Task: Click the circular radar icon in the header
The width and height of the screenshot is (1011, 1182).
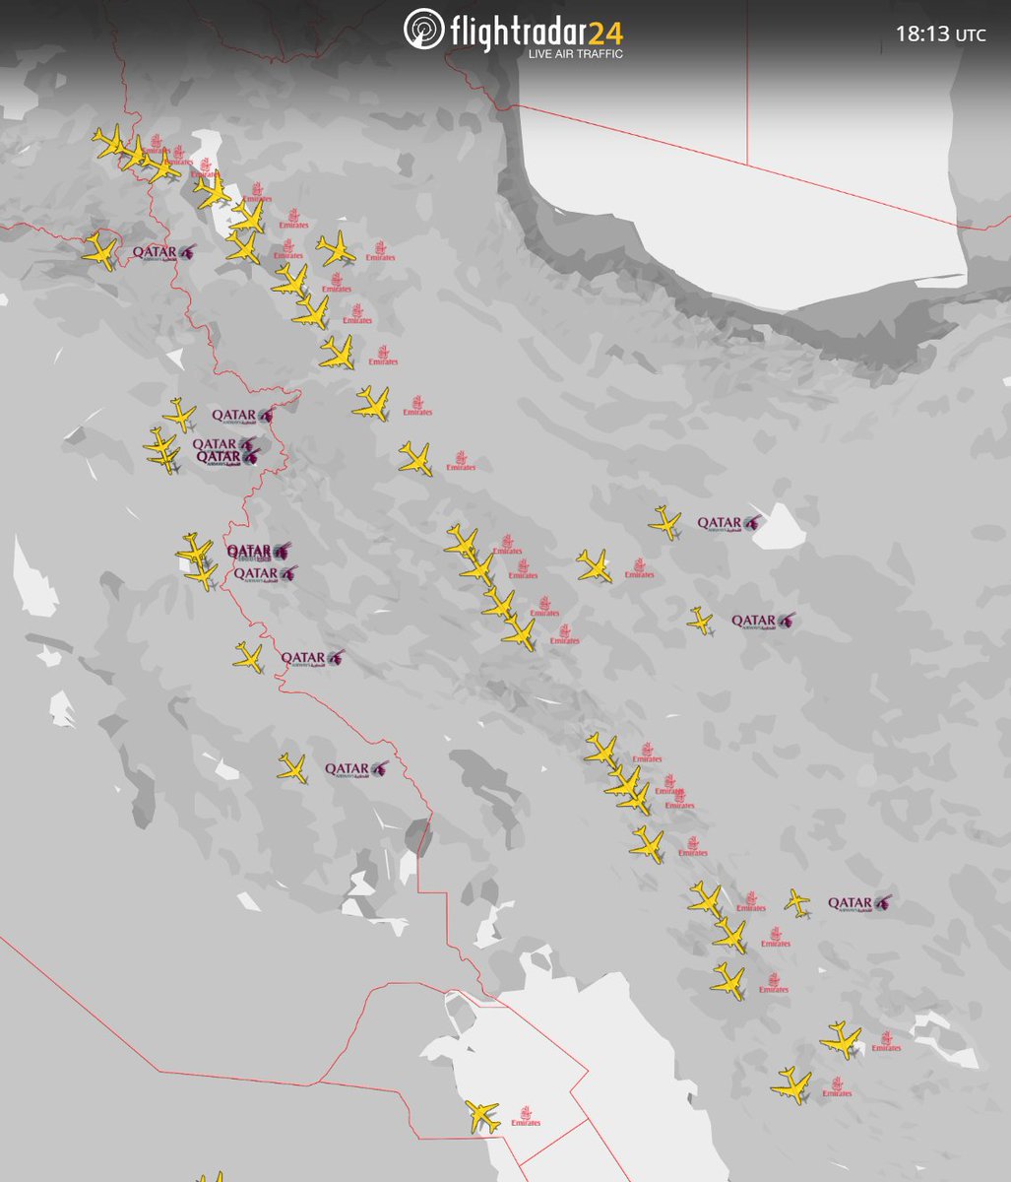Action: pyautogui.click(x=424, y=30)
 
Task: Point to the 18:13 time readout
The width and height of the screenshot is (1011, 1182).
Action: pyautogui.click(x=921, y=33)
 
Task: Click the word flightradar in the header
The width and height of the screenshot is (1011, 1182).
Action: pyautogui.click(x=517, y=33)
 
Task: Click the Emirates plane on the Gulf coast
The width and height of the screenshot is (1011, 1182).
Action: pyautogui.click(x=481, y=1116)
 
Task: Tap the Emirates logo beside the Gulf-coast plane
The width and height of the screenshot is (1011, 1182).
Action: pyautogui.click(x=526, y=1117)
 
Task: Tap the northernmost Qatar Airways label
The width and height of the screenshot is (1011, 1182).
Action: pyautogui.click(x=163, y=253)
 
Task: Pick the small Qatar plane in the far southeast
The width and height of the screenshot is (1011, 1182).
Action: pyautogui.click(x=797, y=901)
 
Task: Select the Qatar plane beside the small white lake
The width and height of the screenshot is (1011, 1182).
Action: pyautogui.click(x=665, y=522)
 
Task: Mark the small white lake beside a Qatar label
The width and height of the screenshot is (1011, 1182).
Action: pyautogui.click(x=784, y=525)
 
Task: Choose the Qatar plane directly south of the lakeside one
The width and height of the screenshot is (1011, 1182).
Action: pyautogui.click(x=700, y=621)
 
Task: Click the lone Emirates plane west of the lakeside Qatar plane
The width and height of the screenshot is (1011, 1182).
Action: pyautogui.click(x=594, y=565)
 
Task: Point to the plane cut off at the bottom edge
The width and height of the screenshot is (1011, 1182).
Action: pyautogui.click(x=209, y=1176)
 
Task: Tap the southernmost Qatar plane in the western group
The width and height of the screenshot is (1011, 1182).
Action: pyautogui.click(x=292, y=767)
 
